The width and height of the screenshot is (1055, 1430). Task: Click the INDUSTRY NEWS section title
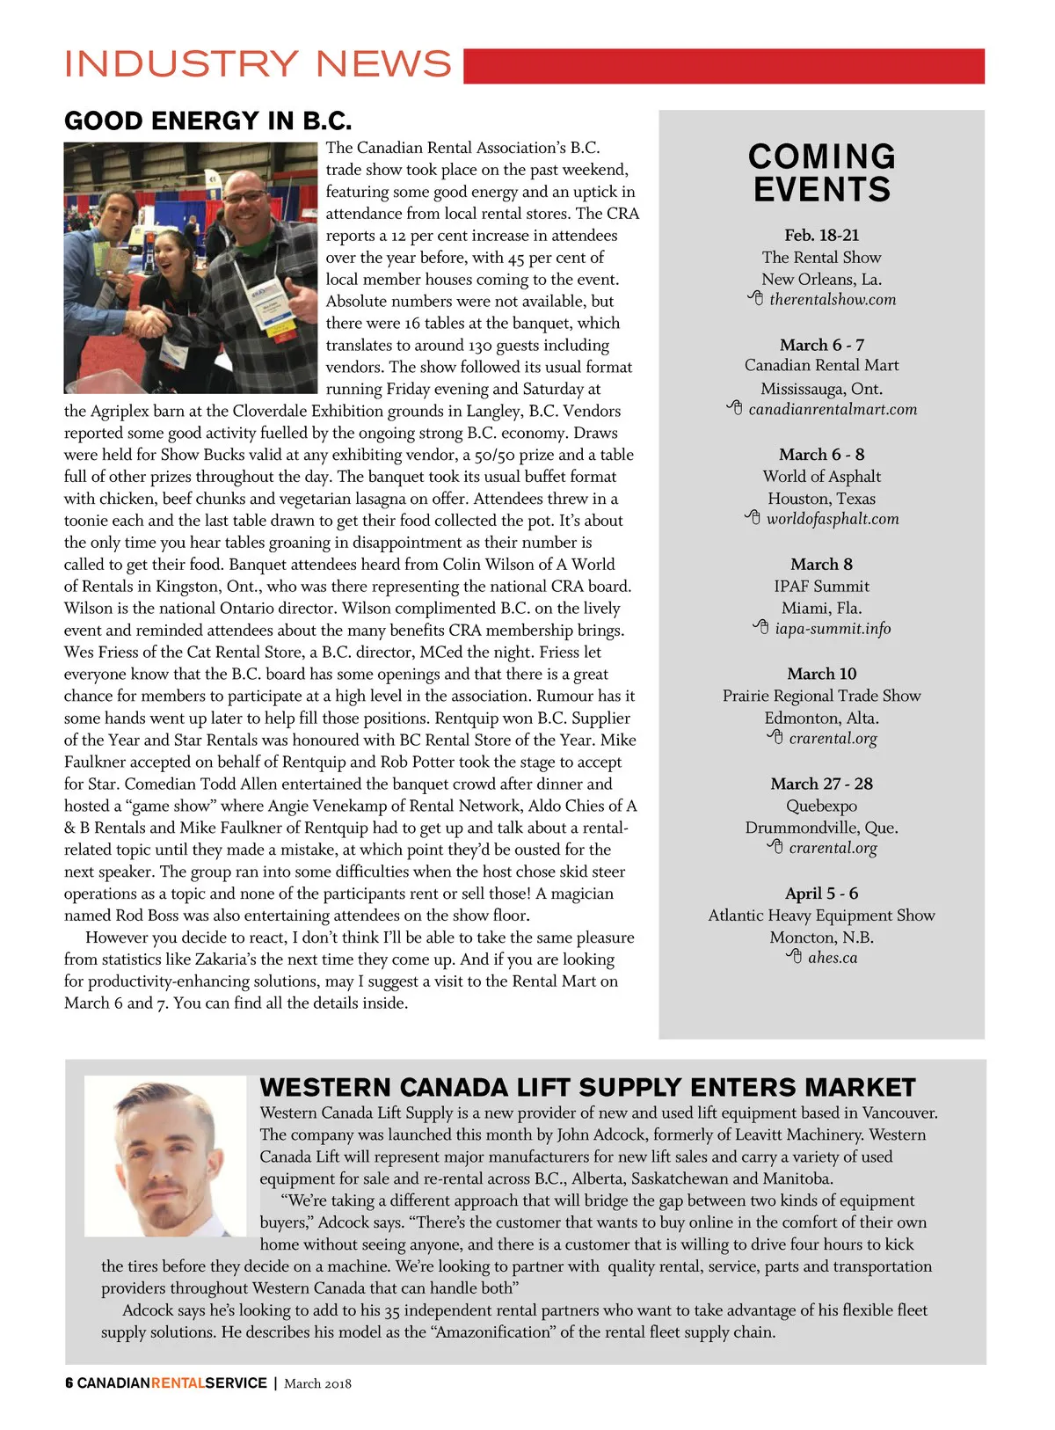pyautogui.click(x=258, y=64)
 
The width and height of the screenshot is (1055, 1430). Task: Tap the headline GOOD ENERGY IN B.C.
pyautogui.click(x=207, y=120)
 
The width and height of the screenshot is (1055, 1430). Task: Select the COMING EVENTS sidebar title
pyautogui.click(x=822, y=173)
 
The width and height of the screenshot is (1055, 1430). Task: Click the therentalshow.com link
pyautogui.click(x=832, y=300)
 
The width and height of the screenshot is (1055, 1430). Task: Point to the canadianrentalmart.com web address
pyautogui.click(x=832, y=410)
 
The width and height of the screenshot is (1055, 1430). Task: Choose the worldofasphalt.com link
pyautogui.click(x=832, y=519)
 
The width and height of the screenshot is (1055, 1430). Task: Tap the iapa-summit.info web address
pyautogui.click(x=832, y=629)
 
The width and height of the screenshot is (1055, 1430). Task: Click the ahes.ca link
pyautogui.click(x=832, y=958)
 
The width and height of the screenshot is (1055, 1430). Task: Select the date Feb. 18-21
pyautogui.click(x=822, y=235)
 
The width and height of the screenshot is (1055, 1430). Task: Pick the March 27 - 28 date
pyautogui.click(x=822, y=784)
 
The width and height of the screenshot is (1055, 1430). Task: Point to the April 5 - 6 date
pyautogui.click(x=822, y=894)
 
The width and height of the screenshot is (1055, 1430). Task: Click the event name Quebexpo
pyautogui.click(x=822, y=806)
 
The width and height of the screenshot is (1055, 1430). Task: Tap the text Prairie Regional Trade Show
pyautogui.click(x=822, y=696)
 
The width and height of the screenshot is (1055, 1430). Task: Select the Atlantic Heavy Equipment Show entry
pyautogui.click(x=822, y=916)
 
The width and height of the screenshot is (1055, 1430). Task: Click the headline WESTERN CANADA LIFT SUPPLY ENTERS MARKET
pyautogui.click(x=587, y=1088)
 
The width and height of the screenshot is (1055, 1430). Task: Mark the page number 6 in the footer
pyautogui.click(x=69, y=1383)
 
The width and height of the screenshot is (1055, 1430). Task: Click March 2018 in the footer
pyautogui.click(x=317, y=1383)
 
